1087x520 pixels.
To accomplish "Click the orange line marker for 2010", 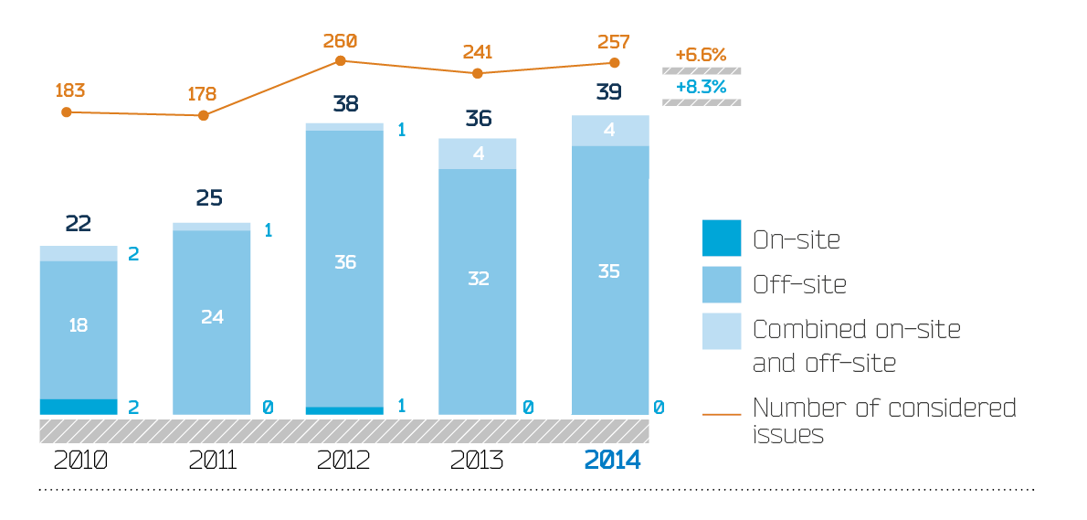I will click(x=66, y=111).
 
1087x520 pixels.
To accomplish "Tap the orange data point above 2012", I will click(x=341, y=60).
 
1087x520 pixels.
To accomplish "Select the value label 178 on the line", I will click(x=202, y=94).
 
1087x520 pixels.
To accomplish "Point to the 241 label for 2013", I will click(x=477, y=51).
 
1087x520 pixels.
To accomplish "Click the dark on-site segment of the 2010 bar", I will click(x=79, y=407).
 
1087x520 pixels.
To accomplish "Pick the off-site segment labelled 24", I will click(x=212, y=317).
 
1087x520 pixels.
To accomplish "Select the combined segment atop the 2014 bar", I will click(x=610, y=131).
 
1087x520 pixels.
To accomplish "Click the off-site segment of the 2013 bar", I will click(x=479, y=279).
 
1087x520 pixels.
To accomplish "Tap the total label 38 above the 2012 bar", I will click(x=345, y=103).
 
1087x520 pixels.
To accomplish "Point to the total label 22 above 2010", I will click(x=79, y=224).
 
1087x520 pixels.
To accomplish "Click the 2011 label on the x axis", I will click(x=212, y=460).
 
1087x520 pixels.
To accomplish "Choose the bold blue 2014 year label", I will click(x=612, y=460).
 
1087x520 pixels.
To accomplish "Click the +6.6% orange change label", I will click(x=701, y=55).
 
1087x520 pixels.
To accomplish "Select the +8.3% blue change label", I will click(x=701, y=87).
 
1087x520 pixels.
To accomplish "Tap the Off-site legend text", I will click(x=799, y=285).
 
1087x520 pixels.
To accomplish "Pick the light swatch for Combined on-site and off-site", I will click(x=722, y=331).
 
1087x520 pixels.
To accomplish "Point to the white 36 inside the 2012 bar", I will click(x=345, y=262).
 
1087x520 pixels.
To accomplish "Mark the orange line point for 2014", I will click(x=615, y=63).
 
